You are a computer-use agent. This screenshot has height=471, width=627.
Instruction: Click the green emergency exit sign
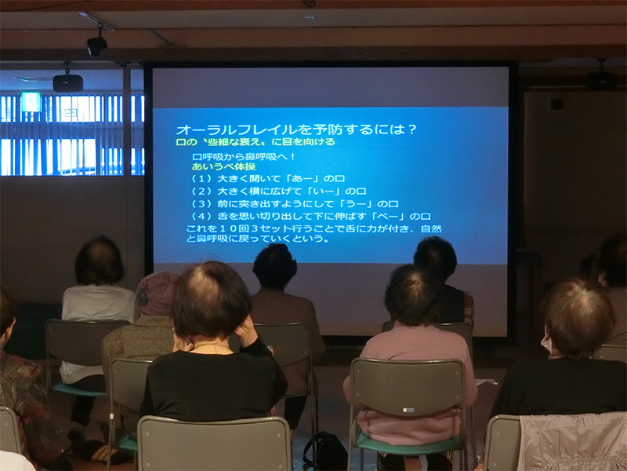31,102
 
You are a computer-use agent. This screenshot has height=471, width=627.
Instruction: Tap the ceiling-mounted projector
68,83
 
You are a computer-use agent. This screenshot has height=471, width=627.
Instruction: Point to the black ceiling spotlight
96,46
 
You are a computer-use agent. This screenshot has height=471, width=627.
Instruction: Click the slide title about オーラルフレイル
296,130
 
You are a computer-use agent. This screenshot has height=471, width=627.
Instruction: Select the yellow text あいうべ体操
223,166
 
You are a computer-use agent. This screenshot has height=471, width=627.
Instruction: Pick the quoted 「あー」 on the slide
299,179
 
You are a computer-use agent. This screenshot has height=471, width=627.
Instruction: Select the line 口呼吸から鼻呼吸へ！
244,156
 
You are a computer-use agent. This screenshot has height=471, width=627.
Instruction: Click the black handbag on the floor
324,451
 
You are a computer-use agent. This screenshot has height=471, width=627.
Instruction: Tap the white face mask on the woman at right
546,344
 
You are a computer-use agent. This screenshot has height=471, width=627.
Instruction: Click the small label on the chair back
408,410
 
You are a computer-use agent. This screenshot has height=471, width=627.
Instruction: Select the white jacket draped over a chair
573,441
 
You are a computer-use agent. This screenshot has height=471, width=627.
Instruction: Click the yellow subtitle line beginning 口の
256,142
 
